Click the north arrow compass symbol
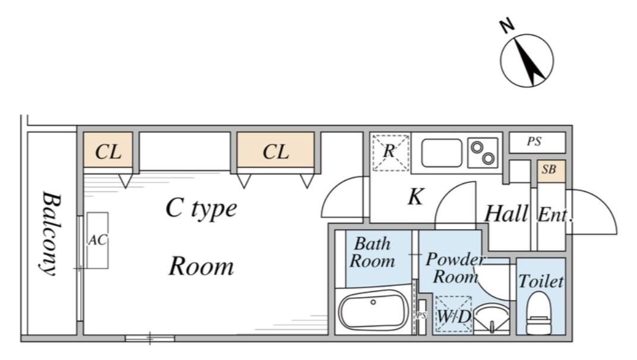(x=527, y=61)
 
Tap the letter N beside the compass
(x=506, y=26)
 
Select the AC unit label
(x=97, y=240)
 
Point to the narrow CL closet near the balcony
(x=108, y=150)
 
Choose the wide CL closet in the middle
(x=275, y=150)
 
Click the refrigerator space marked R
(x=391, y=152)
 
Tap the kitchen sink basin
(x=442, y=153)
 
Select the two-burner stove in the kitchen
(x=483, y=153)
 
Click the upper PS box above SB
(x=537, y=142)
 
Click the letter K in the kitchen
(x=415, y=197)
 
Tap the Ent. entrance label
(x=555, y=215)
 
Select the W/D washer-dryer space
(x=454, y=314)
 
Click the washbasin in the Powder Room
(x=492, y=318)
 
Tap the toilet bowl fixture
(x=539, y=313)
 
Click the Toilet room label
(x=541, y=281)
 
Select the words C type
(x=201, y=209)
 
